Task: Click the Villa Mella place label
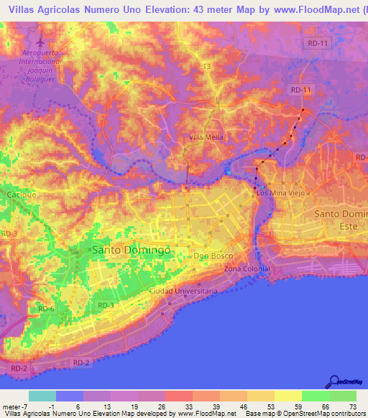pos(206,137)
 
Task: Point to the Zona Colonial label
pos(247,269)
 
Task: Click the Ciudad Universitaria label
pos(183,291)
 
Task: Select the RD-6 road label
pos(46,309)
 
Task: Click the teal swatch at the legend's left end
pos(42,396)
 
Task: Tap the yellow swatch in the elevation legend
pos(288,396)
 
